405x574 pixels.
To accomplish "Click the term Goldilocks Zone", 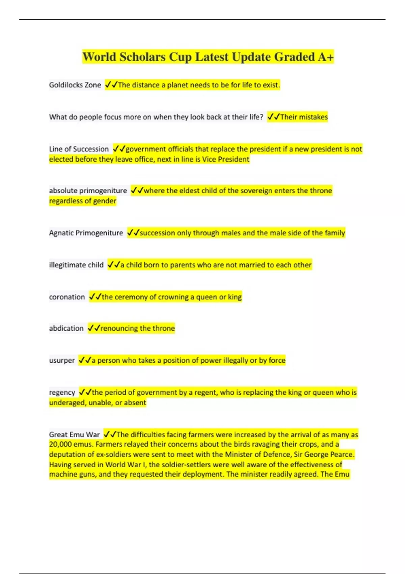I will pyautogui.click(x=75, y=85).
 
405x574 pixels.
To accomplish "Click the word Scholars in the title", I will pyautogui.click(x=142, y=57).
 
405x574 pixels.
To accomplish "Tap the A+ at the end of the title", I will pyautogui.click(x=325, y=57).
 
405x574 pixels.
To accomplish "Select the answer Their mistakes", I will pyautogui.click(x=304, y=117).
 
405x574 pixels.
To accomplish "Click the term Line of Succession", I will pyautogui.click(x=79, y=149).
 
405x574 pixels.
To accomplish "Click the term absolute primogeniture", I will pyautogui.click(x=88, y=190).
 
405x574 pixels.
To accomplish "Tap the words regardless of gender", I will pyautogui.click(x=83, y=201).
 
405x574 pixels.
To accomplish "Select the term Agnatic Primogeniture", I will pyautogui.click(x=86, y=233).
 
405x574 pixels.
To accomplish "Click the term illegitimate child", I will pyautogui.click(x=76, y=265).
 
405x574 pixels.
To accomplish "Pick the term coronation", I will pyautogui.click(x=67, y=297).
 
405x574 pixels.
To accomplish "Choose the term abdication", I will pyautogui.click(x=66, y=328).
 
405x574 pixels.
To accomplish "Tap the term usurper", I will pyautogui.click(x=62, y=360).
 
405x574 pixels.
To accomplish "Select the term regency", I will pyautogui.click(x=62, y=392).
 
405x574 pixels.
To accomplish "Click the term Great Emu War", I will pyautogui.click(x=74, y=434).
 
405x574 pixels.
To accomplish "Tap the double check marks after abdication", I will pyautogui.click(x=94, y=328).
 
